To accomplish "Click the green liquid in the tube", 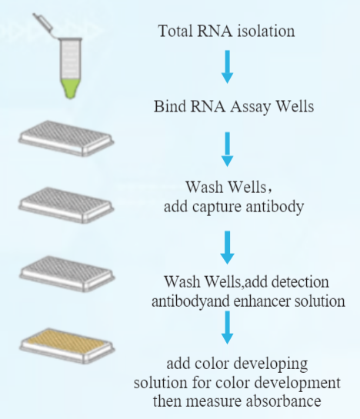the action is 71,88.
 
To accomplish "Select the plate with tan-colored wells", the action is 67,345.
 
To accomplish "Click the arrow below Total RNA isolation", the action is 228,67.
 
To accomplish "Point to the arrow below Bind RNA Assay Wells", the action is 228,149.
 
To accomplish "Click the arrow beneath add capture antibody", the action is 228,248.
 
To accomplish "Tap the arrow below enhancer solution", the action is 228,328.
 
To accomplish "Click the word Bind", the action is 170,106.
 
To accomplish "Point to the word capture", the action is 217,207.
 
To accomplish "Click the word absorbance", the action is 284,401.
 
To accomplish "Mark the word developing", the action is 271,364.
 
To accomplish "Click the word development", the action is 297,384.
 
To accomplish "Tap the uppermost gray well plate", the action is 66,138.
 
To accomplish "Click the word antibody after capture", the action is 275,207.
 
